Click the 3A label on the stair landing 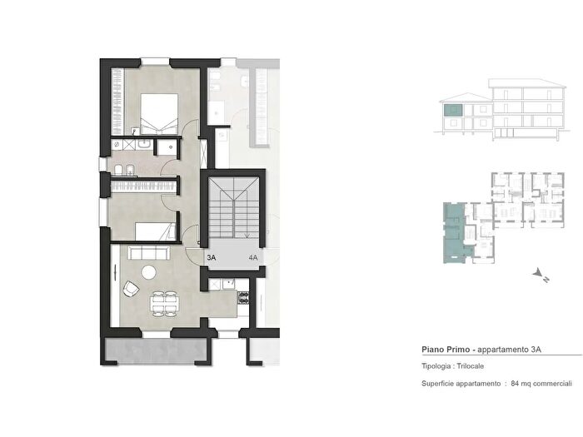click(x=212, y=257)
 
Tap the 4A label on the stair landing click(x=253, y=257)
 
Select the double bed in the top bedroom click(x=159, y=114)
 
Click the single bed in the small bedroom click(x=156, y=231)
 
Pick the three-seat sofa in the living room click(x=148, y=253)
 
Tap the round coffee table click(x=149, y=272)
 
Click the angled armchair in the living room click(x=131, y=289)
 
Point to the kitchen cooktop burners click(x=243, y=297)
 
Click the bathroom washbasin click(x=143, y=143)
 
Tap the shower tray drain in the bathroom click(x=171, y=147)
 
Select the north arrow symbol click(x=541, y=276)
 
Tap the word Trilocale click(x=471, y=366)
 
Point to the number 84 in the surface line click(x=515, y=384)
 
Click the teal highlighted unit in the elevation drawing click(x=453, y=110)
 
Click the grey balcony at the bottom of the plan click(x=156, y=350)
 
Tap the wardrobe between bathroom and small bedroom click(x=143, y=186)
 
